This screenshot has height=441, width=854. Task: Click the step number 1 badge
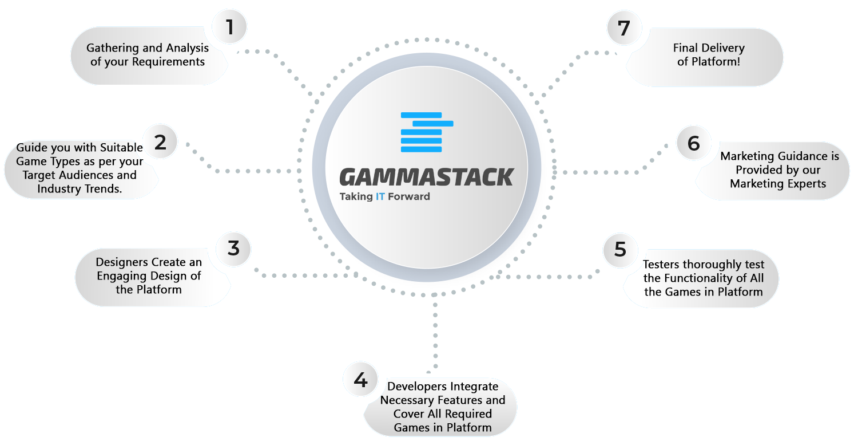(229, 27)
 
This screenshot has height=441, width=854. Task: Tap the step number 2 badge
(160, 142)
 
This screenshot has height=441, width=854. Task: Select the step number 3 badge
(233, 249)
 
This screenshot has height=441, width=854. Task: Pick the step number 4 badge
(360, 380)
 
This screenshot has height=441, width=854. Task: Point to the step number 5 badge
(620, 250)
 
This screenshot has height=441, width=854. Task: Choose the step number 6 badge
(693, 143)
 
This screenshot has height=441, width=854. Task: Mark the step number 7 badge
(624, 28)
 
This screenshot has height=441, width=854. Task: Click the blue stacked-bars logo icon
(427, 132)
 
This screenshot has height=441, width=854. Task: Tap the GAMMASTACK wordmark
(427, 177)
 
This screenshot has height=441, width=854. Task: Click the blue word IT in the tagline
(380, 196)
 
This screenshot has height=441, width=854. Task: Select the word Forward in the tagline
(409, 196)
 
